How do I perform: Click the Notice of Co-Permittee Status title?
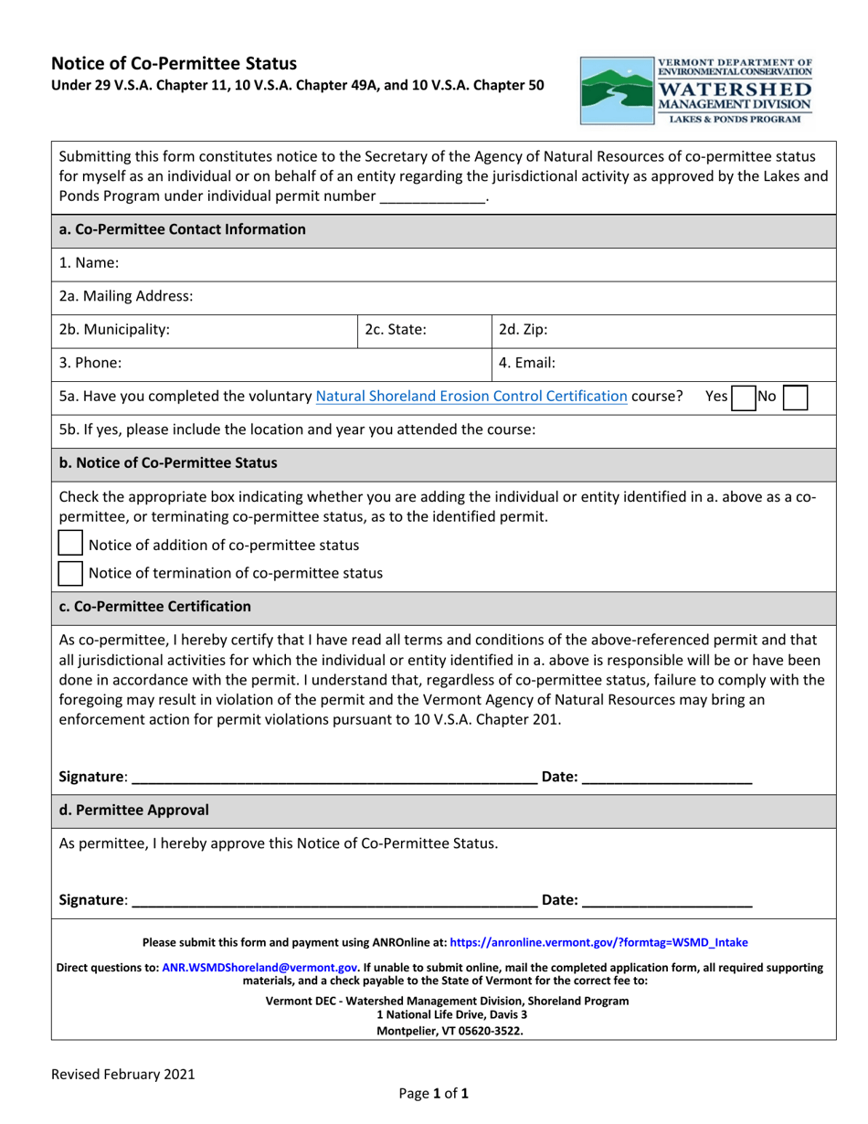174,64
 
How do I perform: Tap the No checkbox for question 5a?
796,397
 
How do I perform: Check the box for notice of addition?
69,545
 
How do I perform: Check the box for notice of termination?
69,573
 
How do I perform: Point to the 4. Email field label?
527,363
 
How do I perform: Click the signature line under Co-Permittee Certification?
333,778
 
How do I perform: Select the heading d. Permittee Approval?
133,810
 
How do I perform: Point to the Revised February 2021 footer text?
122,1075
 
